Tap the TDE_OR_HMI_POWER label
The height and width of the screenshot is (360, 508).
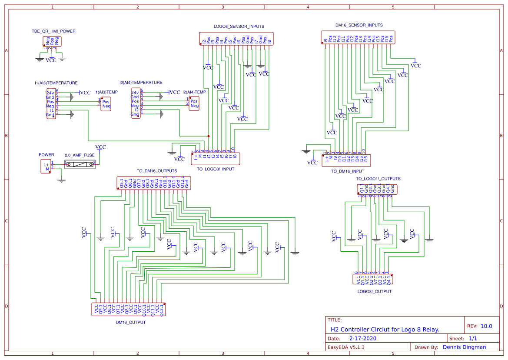(53, 31)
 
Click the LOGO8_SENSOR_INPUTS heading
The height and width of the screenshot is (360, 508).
(239, 27)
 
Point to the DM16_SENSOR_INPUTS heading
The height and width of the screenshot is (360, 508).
(359, 25)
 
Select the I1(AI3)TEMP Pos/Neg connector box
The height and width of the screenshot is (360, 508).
(106, 104)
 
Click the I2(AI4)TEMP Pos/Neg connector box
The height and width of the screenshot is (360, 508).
(194, 103)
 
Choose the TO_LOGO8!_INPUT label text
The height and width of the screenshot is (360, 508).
(216, 169)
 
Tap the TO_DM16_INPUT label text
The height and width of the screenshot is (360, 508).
(347, 171)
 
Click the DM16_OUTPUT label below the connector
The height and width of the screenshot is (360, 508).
(130, 322)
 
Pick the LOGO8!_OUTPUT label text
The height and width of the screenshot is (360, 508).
(374, 292)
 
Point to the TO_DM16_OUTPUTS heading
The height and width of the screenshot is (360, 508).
(156, 171)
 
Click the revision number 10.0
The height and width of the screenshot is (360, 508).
(486, 326)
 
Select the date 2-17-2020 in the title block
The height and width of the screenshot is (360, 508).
(362, 338)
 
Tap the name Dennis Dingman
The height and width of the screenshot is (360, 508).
(464, 347)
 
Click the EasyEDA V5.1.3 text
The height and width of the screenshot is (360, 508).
(346, 347)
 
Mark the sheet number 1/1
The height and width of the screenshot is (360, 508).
(473, 338)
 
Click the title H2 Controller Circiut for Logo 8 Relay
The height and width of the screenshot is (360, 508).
(385, 330)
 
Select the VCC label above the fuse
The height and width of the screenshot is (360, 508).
(100, 147)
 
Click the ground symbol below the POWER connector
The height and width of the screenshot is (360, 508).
(62, 180)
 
